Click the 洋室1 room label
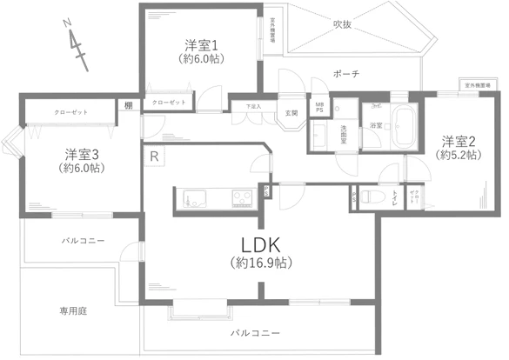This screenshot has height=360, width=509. [200, 44]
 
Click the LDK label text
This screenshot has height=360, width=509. [253, 244]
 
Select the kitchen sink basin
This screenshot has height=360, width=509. [191, 199]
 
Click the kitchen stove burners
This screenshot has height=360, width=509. [241, 199]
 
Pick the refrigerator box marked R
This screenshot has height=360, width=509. [154, 157]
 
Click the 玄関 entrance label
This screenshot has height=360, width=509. [291, 113]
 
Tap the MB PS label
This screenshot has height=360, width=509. [319, 108]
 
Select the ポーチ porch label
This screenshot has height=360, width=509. [345, 73]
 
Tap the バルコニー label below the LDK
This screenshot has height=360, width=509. [256, 333]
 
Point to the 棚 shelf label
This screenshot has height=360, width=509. [129, 105]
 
